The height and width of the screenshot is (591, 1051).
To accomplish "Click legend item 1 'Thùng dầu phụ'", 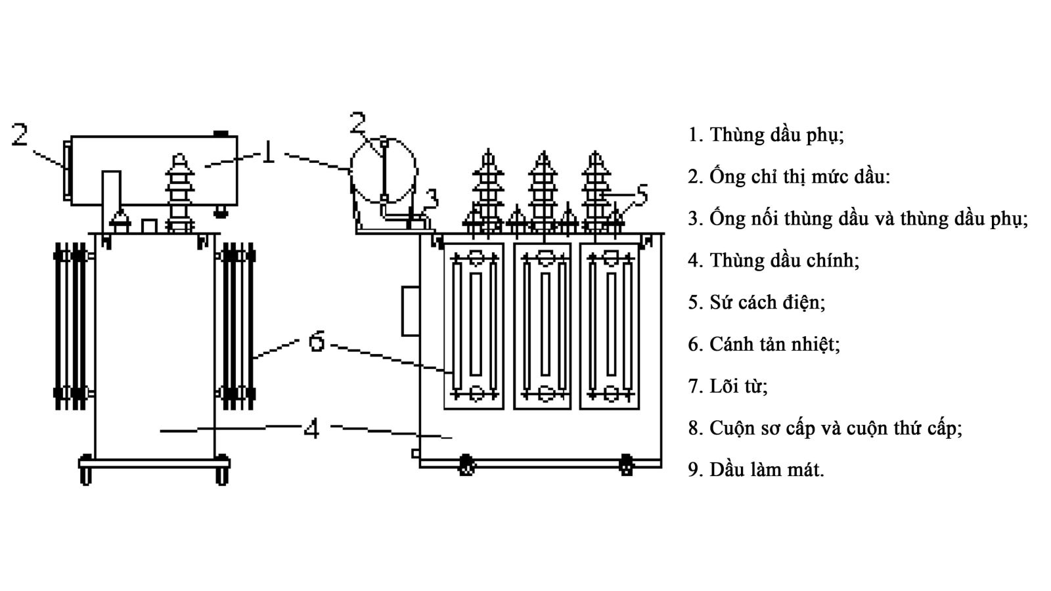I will click(x=766, y=135).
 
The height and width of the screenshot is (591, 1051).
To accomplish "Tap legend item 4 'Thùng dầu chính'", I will click(x=773, y=261).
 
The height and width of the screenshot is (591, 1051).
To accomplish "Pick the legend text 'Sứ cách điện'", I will click(x=757, y=303).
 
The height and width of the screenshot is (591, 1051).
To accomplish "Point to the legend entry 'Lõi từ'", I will click(x=728, y=386).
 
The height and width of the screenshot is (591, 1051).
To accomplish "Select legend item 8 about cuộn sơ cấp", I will click(x=825, y=428).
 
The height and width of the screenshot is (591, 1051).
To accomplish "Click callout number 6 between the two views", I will click(x=317, y=341).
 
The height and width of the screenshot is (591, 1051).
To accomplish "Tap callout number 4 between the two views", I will click(x=312, y=429).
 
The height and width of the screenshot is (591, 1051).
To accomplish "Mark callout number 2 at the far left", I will click(x=20, y=135).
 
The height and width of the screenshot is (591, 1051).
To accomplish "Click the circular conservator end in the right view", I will click(x=384, y=169).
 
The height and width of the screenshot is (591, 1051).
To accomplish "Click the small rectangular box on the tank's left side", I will click(x=411, y=311).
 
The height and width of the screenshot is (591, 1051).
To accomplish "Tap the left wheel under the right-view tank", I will click(x=466, y=465).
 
